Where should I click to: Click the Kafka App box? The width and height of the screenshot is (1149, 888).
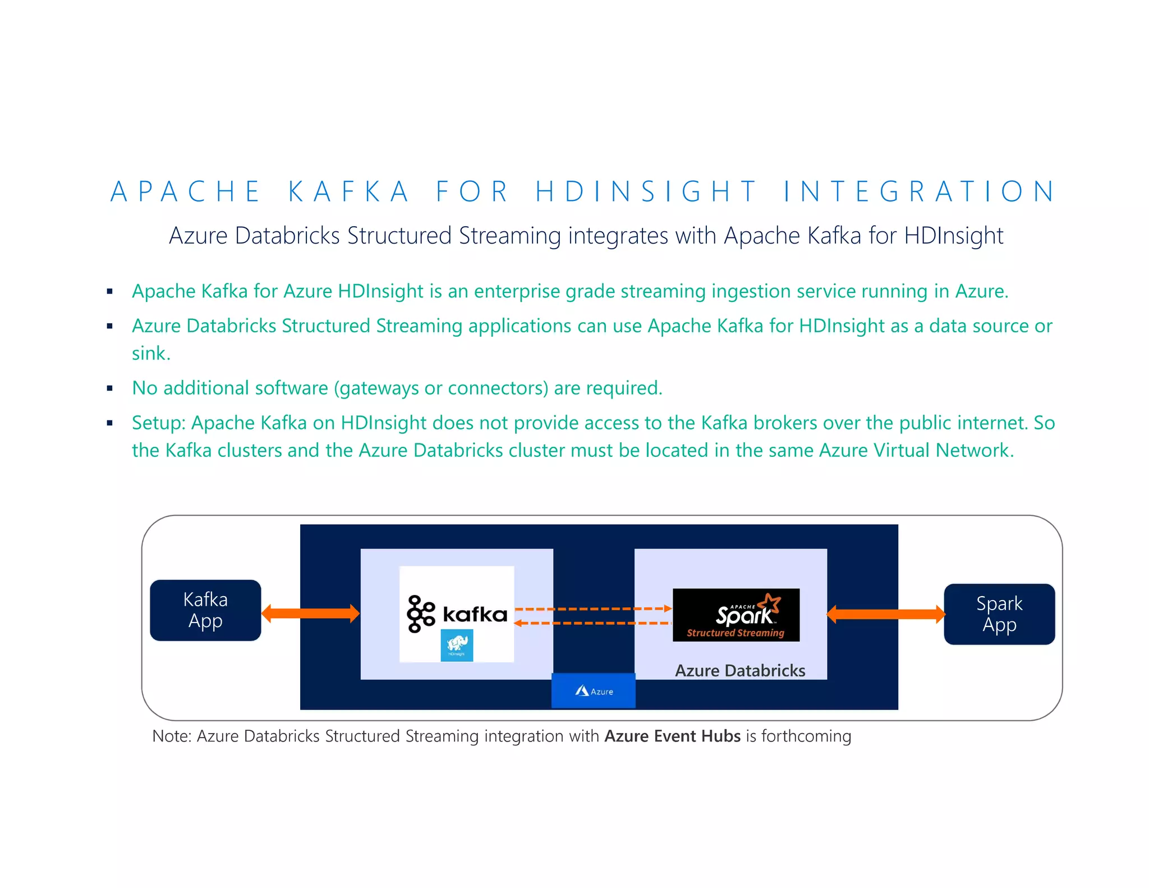pos(205,610)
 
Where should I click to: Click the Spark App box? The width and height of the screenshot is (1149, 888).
pos(999,614)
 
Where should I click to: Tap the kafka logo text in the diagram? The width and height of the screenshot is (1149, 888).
pos(475,614)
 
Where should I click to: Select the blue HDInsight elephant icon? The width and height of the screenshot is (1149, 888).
pos(457,645)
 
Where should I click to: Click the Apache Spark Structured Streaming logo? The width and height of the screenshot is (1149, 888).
pos(736,615)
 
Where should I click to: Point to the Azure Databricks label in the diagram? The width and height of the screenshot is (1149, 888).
pos(739,670)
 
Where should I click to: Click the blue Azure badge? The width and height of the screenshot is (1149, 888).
pos(594,691)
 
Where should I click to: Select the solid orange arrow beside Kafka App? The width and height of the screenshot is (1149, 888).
pos(310,614)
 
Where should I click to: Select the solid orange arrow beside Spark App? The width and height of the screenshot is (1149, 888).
pos(885,614)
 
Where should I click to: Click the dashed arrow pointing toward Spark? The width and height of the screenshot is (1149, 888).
pos(593,608)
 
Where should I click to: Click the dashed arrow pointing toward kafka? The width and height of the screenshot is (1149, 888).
pos(593,623)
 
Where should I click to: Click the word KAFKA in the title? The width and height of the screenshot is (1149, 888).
pos(348,191)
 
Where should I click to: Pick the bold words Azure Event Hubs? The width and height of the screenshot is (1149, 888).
pos(672,736)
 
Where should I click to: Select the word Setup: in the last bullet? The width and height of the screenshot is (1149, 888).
pos(159,423)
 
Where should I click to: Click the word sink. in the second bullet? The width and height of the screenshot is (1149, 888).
pos(151,354)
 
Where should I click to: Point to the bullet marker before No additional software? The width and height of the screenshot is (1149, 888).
pos(110,388)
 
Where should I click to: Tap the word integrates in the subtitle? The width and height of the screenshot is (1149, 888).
pos(618,236)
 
